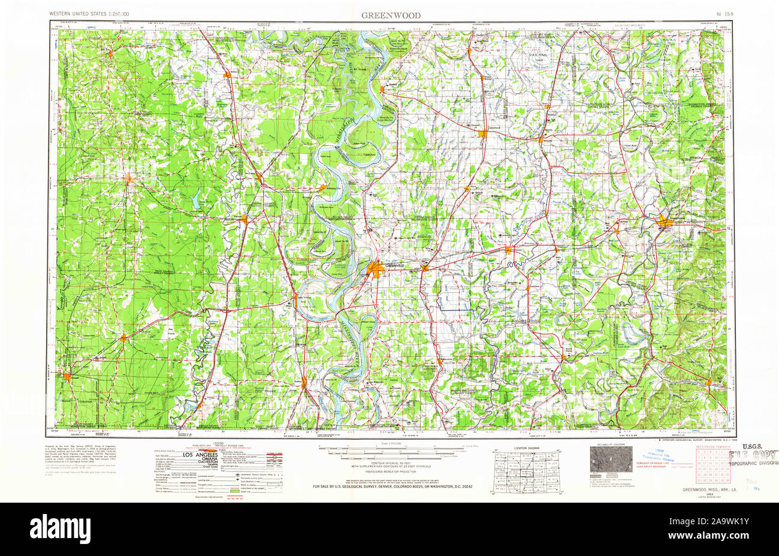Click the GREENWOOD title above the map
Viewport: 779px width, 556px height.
coord(390,15)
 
